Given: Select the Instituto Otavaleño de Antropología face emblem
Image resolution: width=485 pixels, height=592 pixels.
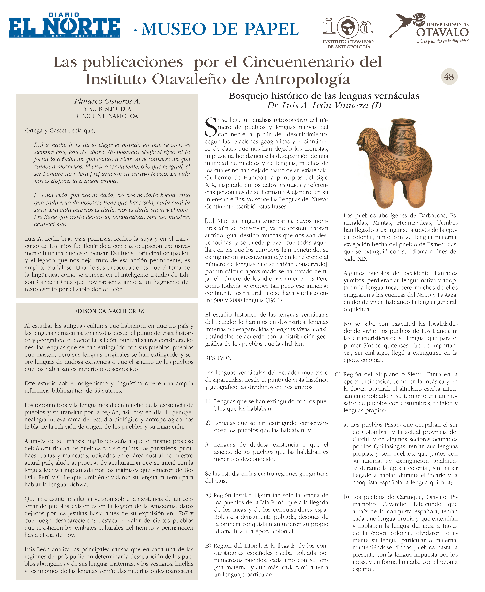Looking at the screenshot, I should coord(347,27).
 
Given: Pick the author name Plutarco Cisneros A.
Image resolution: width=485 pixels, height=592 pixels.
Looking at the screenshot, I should coord(107,101).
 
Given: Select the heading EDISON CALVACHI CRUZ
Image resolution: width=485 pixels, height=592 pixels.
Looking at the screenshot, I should coord(109,311).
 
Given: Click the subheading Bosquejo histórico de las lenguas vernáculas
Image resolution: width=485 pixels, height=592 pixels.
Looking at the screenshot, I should coord(324,96).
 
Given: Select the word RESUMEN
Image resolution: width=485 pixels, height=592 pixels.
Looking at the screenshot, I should coord(218,358).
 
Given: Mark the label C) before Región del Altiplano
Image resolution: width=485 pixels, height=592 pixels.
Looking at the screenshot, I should coord(338,374).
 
